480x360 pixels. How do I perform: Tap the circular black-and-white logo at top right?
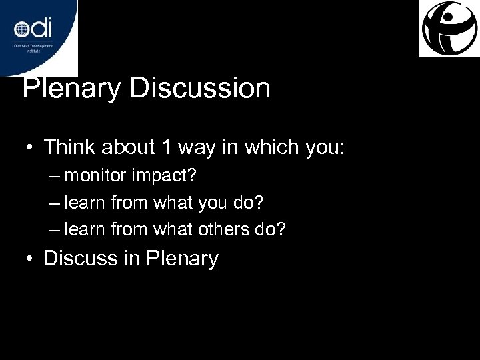click(449, 29)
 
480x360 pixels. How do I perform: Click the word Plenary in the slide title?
click(71, 88)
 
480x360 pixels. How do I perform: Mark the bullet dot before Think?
click(31, 147)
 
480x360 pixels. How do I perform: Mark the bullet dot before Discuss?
click(31, 259)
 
